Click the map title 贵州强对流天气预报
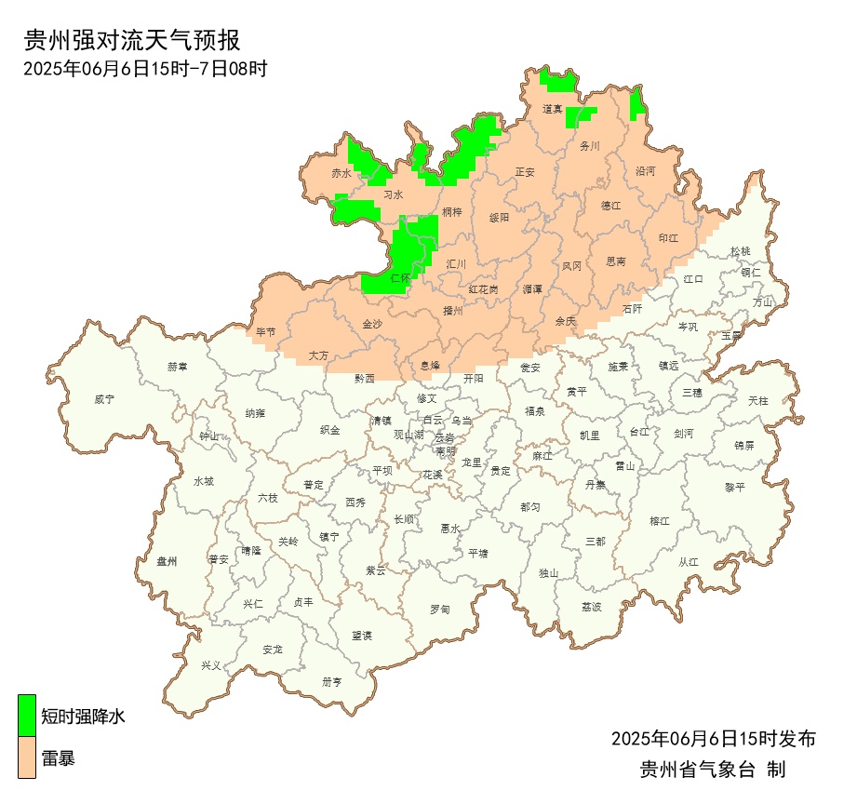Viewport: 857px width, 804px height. click(131, 40)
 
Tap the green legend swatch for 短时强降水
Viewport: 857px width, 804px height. click(28, 712)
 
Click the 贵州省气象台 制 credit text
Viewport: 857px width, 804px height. click(713, 770)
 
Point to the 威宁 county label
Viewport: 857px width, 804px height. click(104, 399)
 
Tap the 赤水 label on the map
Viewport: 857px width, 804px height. click(341, 174)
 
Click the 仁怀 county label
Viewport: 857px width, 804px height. click(401, 278)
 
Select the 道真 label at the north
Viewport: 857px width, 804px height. click(553, 110)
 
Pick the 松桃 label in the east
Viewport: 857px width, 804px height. click(740, 251)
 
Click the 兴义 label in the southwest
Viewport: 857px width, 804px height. click(212, 665)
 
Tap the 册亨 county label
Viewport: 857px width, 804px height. click(332, 681)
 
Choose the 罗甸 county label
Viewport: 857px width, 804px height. click(439, 610)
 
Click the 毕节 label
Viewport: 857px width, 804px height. click(266, 332)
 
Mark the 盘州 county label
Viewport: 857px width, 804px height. click(167, 561)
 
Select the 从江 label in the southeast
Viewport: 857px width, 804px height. click(689, 561)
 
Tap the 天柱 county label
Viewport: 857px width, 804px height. click(758, 400)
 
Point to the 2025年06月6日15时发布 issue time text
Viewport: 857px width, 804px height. click(713, 739)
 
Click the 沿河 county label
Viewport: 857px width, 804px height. click(645, 171)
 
